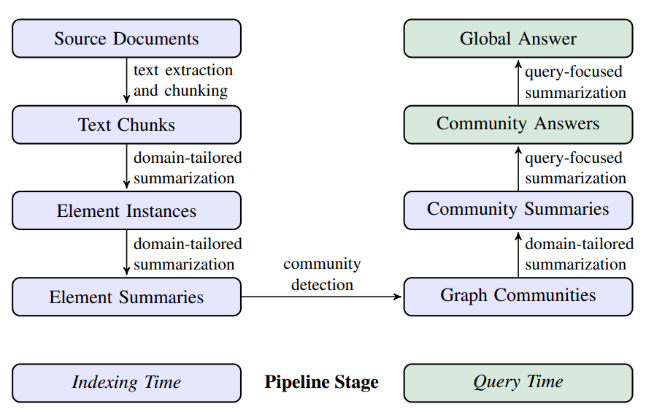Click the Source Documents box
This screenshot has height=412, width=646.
click(126, 39)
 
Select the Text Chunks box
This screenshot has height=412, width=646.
click(126, 125)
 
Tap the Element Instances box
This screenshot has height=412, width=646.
click(126, 211)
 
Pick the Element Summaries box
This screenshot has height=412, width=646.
click(126, 297)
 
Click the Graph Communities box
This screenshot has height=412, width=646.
click(518, 296)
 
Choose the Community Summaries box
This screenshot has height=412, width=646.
click(518, 210)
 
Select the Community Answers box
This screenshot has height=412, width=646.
click(518, 123)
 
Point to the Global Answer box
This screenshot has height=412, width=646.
click(518, 39)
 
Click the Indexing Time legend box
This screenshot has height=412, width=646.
click(126, 383)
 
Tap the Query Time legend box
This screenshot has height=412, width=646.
click(518, 383)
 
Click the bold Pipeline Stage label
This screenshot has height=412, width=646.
click(321, 382)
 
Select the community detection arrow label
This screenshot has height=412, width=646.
click(322, 274)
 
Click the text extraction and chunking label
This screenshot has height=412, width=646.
click(182, 80)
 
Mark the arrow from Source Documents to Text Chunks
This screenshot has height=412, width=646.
click(126, 81)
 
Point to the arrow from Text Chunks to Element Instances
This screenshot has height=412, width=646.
click(126, 167)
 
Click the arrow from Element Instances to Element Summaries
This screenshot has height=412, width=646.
click(126, 253)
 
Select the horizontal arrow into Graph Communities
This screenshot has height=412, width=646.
click(322, 297)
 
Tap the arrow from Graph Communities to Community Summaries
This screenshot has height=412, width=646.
click(518, 253)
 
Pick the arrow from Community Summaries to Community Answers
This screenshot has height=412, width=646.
click(518, 167)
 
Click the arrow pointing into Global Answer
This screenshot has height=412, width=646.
click(518, 81)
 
